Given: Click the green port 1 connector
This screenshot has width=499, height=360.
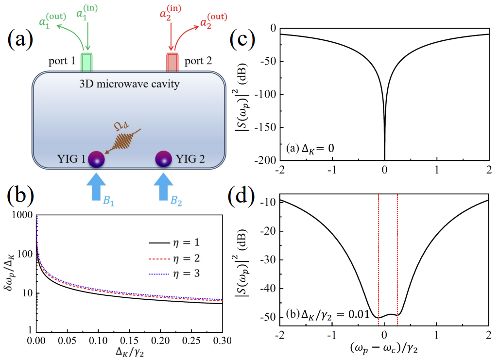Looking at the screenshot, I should point(87,62).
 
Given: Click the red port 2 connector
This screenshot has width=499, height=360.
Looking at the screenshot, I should point(173,62).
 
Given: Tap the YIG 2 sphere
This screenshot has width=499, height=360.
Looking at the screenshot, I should point(164,158).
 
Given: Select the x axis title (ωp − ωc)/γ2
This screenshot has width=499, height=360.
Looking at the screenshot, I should point(384,349).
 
